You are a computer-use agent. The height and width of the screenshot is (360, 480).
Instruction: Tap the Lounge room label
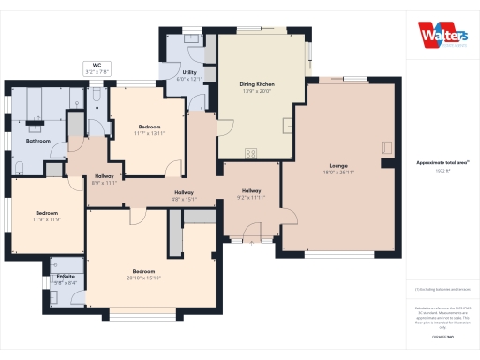tap(337, 165)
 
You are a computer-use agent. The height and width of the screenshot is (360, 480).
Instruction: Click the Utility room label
tap(188, 72)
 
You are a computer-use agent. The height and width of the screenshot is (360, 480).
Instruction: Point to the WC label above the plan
tap(97, 66)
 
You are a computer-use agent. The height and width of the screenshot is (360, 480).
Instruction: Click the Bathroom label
tap(37, 141)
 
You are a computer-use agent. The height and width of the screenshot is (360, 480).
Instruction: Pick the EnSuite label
tap(66, 277)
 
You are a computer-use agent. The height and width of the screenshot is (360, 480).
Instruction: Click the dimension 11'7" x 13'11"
tap(150, 132)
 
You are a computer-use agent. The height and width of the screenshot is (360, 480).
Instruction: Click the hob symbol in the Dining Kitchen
tap(250, 153)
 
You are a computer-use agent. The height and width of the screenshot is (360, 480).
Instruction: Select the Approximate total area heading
tap(442, 163)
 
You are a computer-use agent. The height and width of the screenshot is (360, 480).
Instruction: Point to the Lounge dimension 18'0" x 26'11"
tap(337, 172)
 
